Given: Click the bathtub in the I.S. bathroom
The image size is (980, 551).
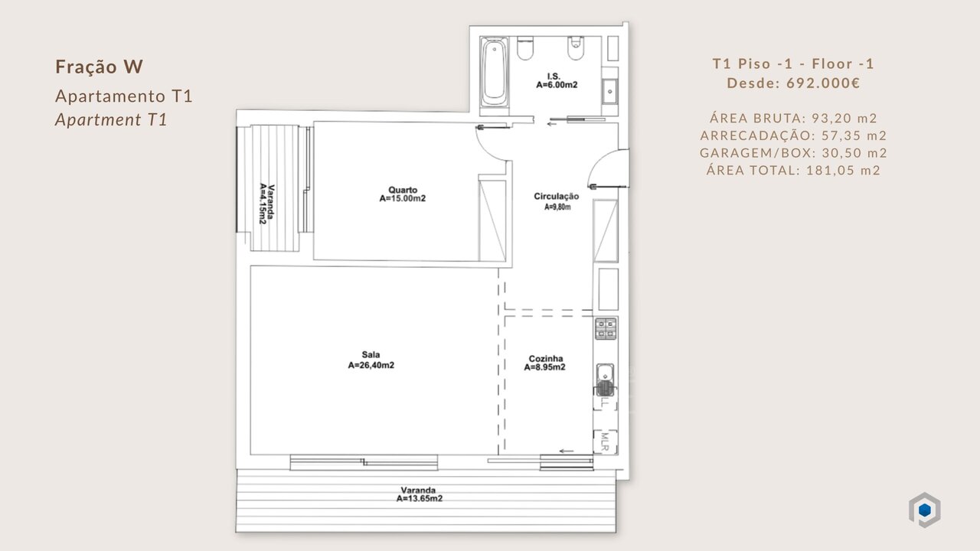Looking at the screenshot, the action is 495,72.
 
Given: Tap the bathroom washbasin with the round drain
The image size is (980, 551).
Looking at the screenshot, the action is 609,91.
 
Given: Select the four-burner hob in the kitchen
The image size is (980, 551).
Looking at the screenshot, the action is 606,328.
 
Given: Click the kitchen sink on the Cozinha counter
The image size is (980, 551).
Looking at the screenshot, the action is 606,380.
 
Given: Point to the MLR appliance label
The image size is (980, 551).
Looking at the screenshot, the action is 605,442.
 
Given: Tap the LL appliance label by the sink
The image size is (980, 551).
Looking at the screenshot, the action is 605,403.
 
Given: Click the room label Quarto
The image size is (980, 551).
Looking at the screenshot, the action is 403,190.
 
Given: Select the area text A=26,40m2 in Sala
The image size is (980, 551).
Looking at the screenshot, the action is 371,365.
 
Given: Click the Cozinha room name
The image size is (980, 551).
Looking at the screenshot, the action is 546,359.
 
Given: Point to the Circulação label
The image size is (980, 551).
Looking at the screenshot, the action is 556,197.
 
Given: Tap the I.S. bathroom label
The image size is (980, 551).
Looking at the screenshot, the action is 554,76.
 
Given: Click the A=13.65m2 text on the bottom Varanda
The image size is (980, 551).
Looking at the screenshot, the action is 419,498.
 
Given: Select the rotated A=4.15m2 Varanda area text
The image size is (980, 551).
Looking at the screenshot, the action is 263,204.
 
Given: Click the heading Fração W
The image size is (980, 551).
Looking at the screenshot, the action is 100,67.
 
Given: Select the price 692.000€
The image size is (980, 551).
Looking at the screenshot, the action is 823,83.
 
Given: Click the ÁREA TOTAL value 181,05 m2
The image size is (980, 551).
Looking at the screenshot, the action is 843,170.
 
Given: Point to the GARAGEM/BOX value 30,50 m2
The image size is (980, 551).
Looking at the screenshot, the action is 854,152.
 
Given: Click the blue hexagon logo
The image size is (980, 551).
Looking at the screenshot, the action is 924,510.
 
